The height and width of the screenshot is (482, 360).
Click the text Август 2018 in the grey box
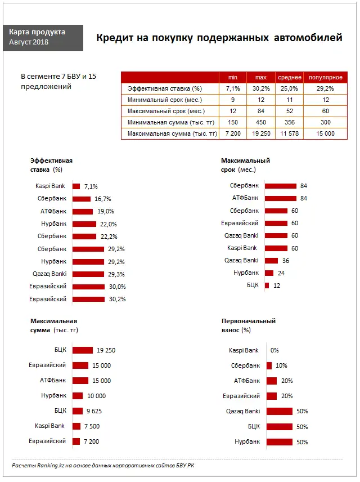coord(29,42)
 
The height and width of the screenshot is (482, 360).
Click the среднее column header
coord(290,77)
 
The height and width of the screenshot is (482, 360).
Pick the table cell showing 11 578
coord(290,133)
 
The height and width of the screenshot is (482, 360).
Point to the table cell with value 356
coord(290,122)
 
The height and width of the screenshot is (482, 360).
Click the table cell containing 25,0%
coord(290,88)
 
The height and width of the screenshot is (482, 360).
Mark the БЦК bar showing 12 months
coord(267,285)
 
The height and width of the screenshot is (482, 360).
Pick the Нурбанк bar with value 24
coord(269,273)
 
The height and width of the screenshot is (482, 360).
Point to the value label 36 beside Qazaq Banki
coord(286,261)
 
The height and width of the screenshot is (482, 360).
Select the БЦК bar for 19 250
coord(83,350)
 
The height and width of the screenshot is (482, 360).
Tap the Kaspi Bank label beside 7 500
coord(49,426)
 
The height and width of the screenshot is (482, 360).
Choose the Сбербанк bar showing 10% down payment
coord(269,366)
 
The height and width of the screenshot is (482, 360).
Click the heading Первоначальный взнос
coord(248,321)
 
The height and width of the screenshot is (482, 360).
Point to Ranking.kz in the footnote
coord(46,465)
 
